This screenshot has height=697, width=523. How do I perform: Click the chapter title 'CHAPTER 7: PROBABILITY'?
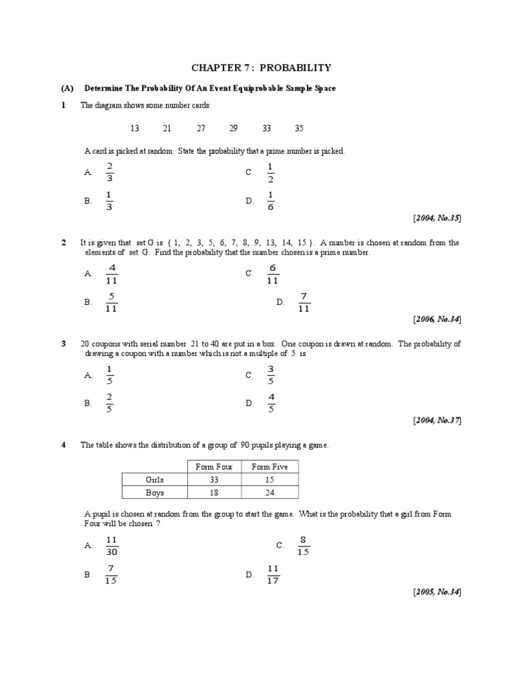click(x=261, y=67)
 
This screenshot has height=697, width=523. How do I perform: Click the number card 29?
click(x=234, y=128)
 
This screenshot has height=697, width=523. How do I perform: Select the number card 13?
click(x=134, y=128)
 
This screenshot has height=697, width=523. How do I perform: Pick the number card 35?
click(x=299, y=128)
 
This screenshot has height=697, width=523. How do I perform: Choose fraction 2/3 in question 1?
click(x=110, y=173)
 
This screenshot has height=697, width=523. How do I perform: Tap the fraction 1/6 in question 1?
click(x=270, y=201)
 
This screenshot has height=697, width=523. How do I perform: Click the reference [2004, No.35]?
click(x=437, y=218)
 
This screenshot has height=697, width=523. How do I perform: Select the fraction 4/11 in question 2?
click(x=112, y=274)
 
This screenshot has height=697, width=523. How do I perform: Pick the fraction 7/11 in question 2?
click(x=304, y=302)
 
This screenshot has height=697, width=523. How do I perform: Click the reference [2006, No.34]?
click(x=437, y=319)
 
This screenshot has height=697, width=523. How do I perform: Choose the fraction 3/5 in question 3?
click(x=270, y=375)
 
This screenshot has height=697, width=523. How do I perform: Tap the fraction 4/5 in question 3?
click(x=271, y=403)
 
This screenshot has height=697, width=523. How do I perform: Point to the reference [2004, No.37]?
click(x=437, y=420)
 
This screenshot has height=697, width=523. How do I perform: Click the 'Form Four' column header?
click(x=214, y=466)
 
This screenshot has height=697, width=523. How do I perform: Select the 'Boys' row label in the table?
click(x=155, y=493)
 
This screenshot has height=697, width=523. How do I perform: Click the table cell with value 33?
click(x=214, y=479)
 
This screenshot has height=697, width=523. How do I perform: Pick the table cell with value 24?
click(x=270, y=493)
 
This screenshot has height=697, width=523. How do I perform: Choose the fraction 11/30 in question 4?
click(x=112, y=545)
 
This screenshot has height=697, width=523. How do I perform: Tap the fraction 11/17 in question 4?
click(x=273, y=574)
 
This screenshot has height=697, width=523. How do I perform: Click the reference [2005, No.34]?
click(x=437, y=591)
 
